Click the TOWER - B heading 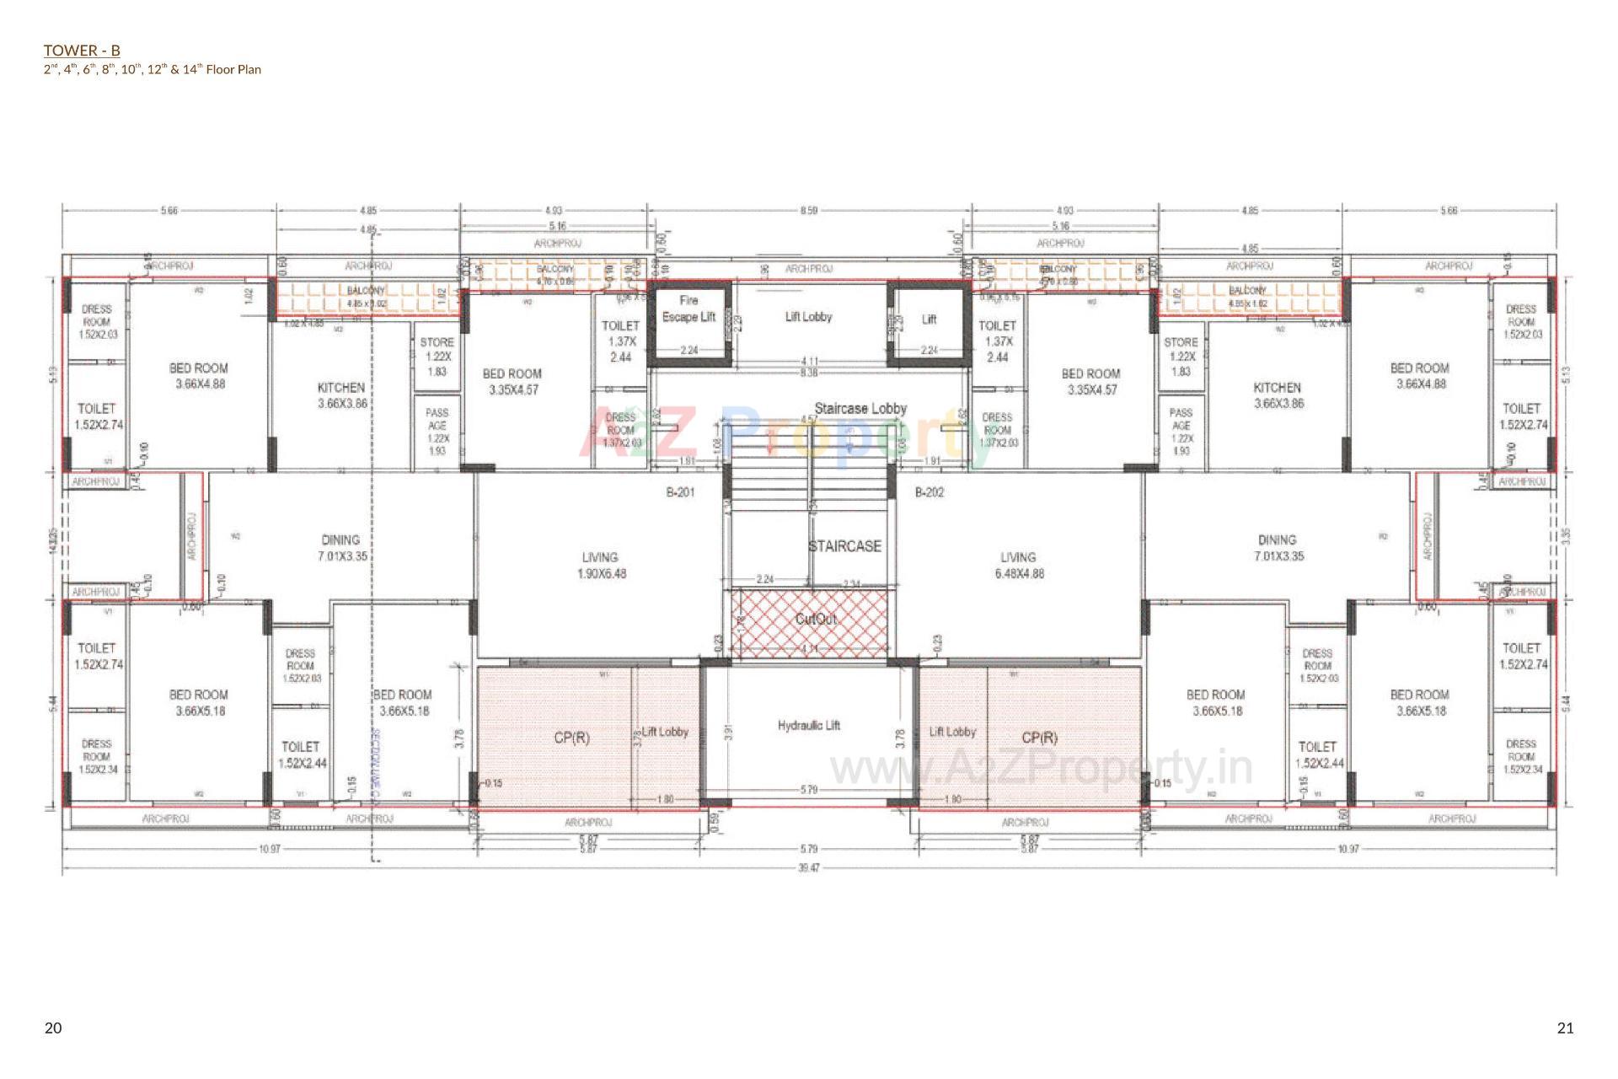click(x=82, y=51)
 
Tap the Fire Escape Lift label click(x=688, y=309)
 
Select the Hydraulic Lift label click(x=808, y=725)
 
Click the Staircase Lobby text click(x=860, y=408)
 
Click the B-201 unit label click(x=680, y=492)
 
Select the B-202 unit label click(x=930, y=492)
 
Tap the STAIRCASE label click(x=844, y=546)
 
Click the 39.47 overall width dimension click(x=808, y=867)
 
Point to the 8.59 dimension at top click(x=808, y=211)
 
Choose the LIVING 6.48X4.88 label click(x=1017, y=565)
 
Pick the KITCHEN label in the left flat click(x=340, y=395)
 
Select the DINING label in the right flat click(x=1277, y=547)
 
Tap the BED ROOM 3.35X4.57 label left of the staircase click(x=512, y=381)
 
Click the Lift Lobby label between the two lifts click(x=808, y=317)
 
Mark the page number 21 click(x=1565, y=1028)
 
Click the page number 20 click(x=53, y=1028)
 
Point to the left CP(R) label click(x=571, y=738)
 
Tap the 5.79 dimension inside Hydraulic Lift click(x=808, y=790)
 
